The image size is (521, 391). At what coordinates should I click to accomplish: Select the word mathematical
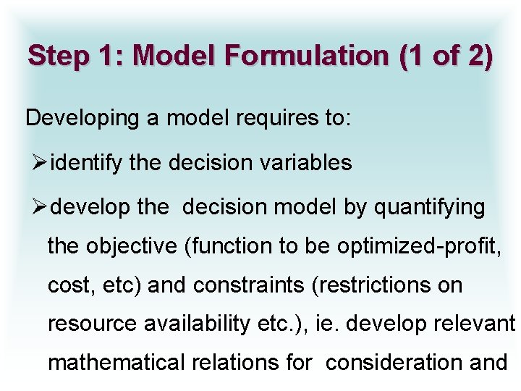[x=114, y=362]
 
